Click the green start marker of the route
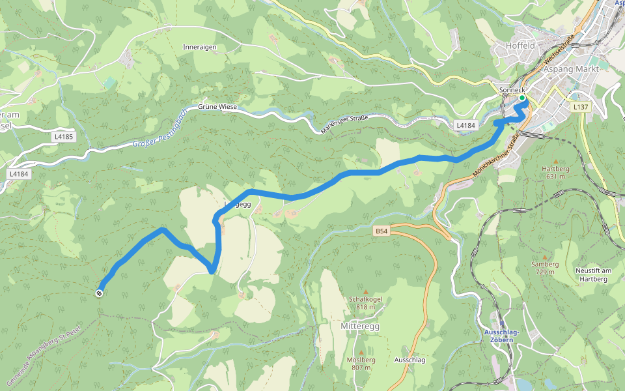pos(522,98)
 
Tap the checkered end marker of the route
pos(99,293)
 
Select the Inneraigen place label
pos(200,48)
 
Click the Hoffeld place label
pos(520,46)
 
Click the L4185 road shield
pos(64,137)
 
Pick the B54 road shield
pos(382,231)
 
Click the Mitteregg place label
pos(360,326)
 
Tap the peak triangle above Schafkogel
pos(365,291)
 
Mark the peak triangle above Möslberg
pos(361,352)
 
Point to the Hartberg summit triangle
pos(555,161)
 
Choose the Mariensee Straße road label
pos(344,124)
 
